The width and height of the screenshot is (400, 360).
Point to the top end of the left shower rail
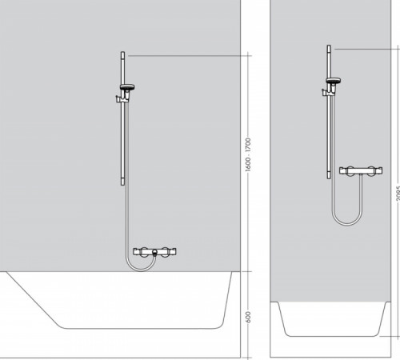(x=122, y=54)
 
